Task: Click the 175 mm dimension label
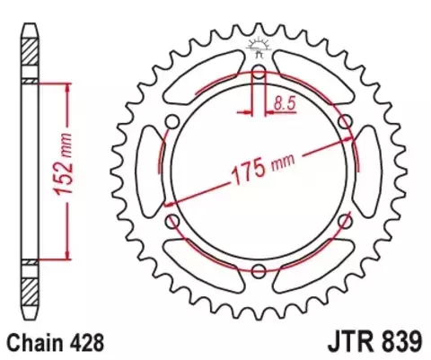coord(263,169)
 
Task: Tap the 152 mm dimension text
coord(64,164)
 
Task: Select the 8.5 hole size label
coord(285,103)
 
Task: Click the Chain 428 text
coord(56,342)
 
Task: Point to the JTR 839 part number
coord(375,342)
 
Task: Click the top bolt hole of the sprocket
coord(259,72)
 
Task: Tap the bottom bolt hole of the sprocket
coord(259,271)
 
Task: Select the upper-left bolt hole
coord(172,122)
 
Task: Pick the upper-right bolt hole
coord(345,122)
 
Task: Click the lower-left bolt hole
coord(172,222)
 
